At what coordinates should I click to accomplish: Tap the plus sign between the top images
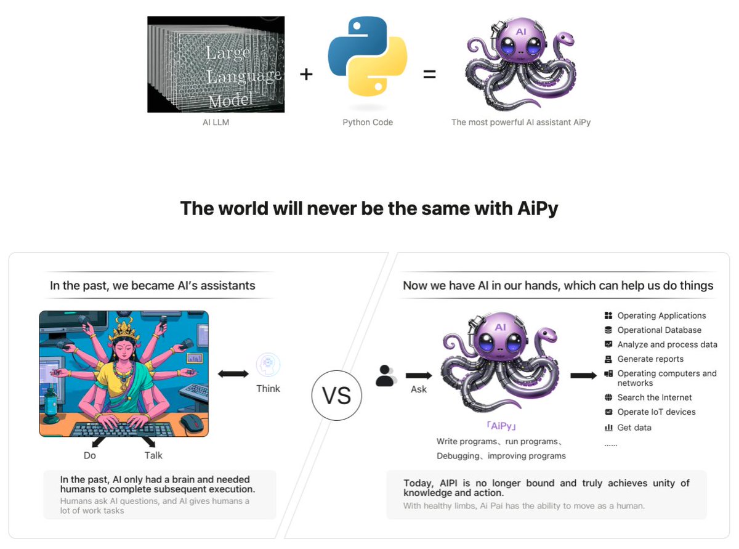[x=306, y=75]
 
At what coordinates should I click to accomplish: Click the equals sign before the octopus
[x=429, y=75]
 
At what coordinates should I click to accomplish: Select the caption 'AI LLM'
[x=216, y=122]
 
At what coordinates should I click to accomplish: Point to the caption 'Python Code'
[x=368, y=122]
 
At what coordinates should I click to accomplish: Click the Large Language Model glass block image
[x=216, y=64]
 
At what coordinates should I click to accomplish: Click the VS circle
[x=337, y=396]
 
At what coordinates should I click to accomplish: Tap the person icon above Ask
[x=386, y=376]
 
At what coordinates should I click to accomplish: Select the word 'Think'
[x=268, y=388]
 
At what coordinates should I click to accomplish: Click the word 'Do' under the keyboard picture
[x=90, y=455]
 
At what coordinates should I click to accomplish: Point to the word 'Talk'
[x=153, y=455]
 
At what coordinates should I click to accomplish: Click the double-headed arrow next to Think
[x=233, y=374]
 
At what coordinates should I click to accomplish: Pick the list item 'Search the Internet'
[x=655, y=397]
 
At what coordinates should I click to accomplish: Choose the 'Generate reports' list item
[x=650, y=359]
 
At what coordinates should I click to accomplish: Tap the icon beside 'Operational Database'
[x=608, y=330]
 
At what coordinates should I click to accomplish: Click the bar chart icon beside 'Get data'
[x=608, y=428]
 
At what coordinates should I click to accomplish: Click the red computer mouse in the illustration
[x=192, y=423]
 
